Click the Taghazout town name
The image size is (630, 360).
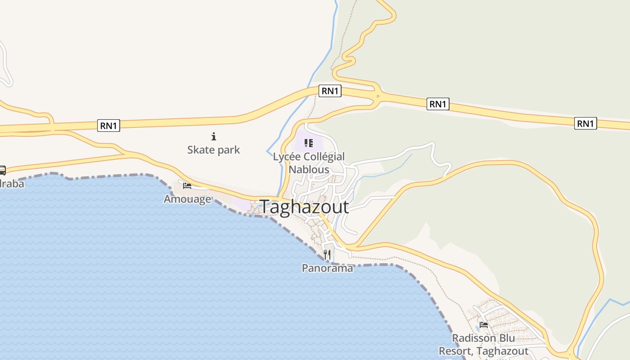click(304, 207)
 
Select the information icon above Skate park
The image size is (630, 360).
click(214, 136)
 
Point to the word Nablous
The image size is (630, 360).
click(309, 170)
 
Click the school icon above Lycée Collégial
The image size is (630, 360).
click(309, 143)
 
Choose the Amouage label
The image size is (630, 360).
click(187, 199)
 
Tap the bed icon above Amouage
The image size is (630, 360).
click(187, 185)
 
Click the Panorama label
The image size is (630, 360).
click(327, 268)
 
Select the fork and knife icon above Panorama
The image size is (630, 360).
click(327, 255)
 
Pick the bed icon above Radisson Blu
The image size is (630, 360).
click(484, 324)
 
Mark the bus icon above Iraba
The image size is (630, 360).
click(2, 170)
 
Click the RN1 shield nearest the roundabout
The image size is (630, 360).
click(330, 91)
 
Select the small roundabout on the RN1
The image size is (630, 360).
click(378, 96)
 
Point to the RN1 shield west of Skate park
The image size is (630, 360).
click(108, 126)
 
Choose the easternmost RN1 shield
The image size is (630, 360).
click(585, 123)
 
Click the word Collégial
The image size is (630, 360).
click(323, 157)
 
